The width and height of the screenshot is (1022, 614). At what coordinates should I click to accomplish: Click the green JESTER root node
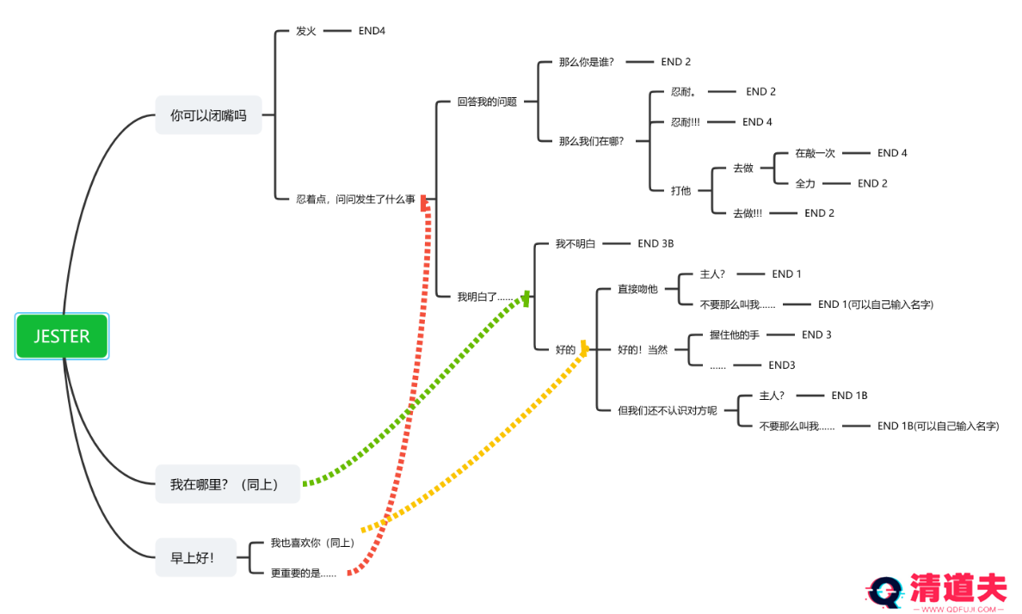(x=62, y=336)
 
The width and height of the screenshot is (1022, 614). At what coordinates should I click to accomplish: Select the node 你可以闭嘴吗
(x=208, y=115)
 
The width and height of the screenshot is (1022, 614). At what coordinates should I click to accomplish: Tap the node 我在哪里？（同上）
(x=229, y=484)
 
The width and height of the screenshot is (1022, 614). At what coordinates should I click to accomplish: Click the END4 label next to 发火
(x=372, y=31)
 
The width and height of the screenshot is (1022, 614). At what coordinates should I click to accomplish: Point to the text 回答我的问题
(x=487, y=101)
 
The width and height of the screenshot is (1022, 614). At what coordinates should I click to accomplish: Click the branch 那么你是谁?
(x=586, y=62)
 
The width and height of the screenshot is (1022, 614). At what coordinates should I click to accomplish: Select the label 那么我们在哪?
(x=592, y=141)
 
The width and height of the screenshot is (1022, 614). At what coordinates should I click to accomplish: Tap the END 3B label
(x=656, y=243)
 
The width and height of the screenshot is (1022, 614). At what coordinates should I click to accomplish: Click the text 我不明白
(x=576, y=244)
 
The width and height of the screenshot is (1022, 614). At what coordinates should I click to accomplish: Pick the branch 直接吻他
(x=637, y=289)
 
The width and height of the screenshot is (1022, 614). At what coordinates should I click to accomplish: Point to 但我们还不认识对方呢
(x=667, y=410)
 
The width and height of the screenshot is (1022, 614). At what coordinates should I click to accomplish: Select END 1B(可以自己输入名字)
(x=938, y=426)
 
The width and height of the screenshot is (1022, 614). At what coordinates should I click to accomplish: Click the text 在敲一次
(x=815, y=153)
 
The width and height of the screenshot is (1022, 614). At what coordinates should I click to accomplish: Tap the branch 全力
(x=805, y=183)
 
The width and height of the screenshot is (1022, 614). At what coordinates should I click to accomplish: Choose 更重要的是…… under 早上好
(x=303, y=573)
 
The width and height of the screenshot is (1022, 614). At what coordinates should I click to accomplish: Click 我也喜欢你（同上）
(x=312, y=543)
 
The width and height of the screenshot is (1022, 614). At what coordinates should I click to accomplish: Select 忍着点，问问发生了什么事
(x=355, y=199)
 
